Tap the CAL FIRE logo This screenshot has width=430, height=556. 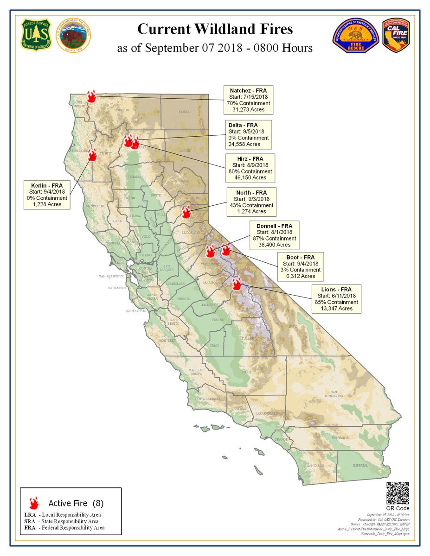coord(395,36)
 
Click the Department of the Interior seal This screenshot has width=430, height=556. coord(73,36)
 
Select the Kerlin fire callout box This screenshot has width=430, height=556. coord(47,195)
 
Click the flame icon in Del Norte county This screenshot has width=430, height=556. coord(91,96)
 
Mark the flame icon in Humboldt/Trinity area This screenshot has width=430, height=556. coord(92,154)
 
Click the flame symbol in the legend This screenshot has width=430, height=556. coord(33,503)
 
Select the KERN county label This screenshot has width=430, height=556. coord(246,372)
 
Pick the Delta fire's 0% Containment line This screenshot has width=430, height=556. coord(249,138)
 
